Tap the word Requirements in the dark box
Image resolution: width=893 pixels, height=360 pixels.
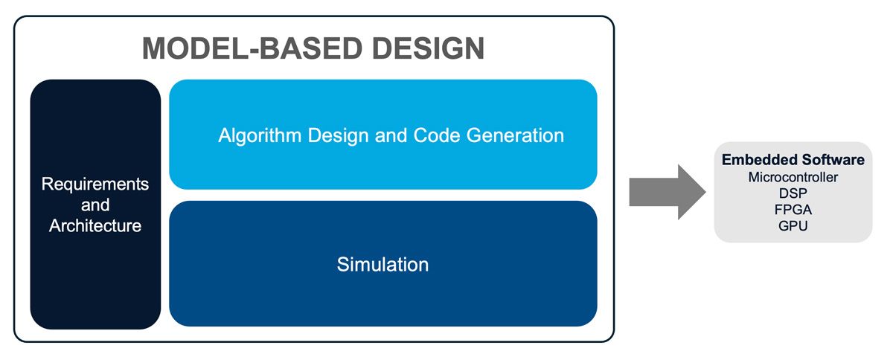click(x=95, y=184)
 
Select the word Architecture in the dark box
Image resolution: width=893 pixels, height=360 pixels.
click(x=95, y=225)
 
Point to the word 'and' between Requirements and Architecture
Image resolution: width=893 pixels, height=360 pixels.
click(x=95, y=205)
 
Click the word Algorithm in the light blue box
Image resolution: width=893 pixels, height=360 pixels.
click(x=253, y=135)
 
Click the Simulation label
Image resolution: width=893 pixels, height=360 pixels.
click(x=383, y=264)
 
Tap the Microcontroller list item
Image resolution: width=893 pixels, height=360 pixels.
click(x=793, y=177)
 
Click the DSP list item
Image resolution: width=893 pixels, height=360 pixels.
click(x=793, y=193)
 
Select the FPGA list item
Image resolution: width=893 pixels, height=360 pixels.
click(x=793, y=210)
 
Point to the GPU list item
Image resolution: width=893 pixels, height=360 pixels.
click(x=793, y=226)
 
